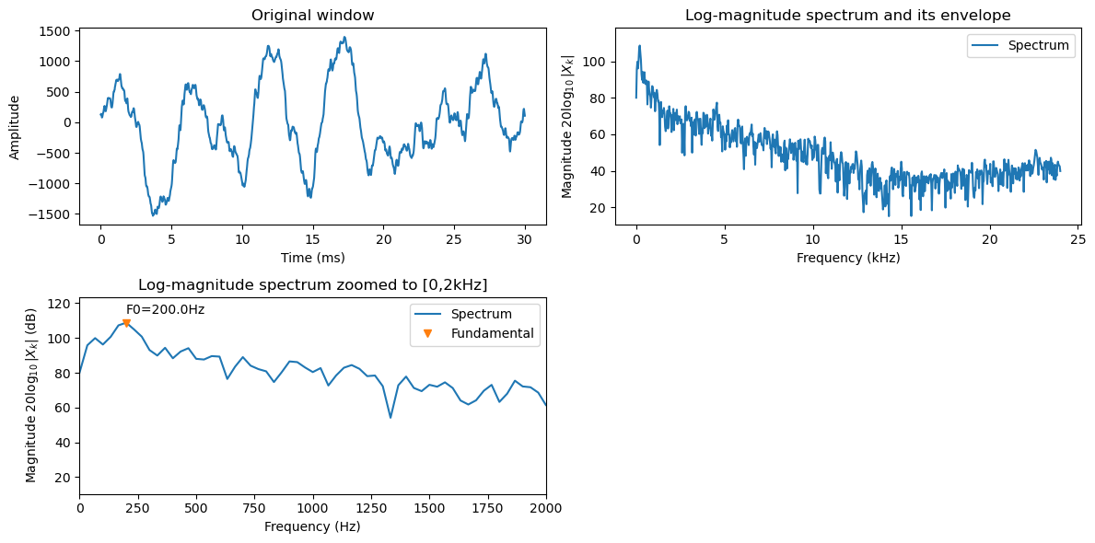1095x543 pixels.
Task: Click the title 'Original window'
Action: coord(312,16)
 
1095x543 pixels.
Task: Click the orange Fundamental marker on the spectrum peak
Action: coord(126,323)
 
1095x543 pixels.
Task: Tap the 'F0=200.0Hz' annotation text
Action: coord(165,309)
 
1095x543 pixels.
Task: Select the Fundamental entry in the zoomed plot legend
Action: coord(492,333)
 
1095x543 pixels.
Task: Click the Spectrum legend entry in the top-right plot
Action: coord(1038,45)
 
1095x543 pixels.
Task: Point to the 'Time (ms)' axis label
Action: coord(312,258)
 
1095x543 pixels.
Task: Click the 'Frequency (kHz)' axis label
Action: coord(847,258)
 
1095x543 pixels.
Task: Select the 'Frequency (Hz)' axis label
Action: coord(312,526)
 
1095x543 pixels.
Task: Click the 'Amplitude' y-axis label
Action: coord(15,126)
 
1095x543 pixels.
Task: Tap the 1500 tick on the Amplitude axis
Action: coord(56,31)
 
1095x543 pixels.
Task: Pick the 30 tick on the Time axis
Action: coord(523,238)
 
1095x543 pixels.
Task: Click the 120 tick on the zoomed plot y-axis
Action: coord(61,304)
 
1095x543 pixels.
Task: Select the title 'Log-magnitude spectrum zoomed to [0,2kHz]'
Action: coord(312,284)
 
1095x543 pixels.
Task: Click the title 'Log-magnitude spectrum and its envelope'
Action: coord(847,16)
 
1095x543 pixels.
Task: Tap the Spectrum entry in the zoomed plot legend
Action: coord(481,314)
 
